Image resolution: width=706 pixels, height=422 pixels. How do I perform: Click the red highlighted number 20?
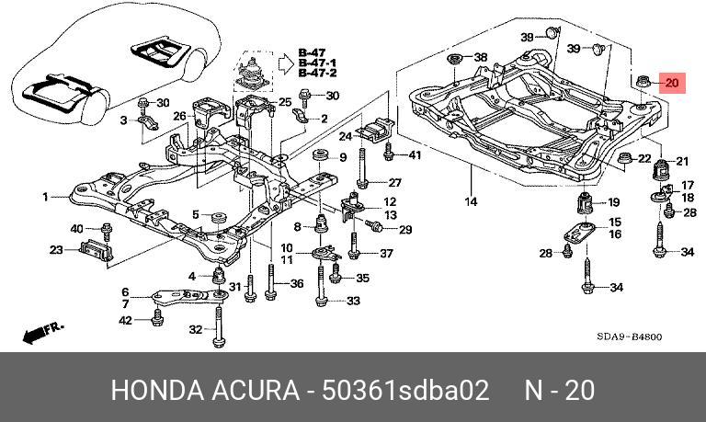pos(672,84)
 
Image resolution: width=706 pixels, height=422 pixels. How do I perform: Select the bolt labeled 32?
pos(219,326)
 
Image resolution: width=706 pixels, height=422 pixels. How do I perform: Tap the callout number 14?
pos(471,201)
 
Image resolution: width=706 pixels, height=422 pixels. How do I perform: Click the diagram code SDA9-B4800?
pos(630,336)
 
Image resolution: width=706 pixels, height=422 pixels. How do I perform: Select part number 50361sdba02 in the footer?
pos(405,390)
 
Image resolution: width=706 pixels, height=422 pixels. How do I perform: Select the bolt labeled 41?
pos(389,152)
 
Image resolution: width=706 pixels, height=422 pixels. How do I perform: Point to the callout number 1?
pos(45,197)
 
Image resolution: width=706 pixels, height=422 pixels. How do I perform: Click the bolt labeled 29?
pos(374,225)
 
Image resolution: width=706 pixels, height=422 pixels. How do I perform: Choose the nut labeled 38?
pos(454,60)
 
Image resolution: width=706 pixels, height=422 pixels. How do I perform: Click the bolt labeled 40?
pos(107,231)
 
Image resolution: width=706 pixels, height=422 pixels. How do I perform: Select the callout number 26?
pos(180,116)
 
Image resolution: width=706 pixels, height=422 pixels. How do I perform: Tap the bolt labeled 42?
pos(157,317)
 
